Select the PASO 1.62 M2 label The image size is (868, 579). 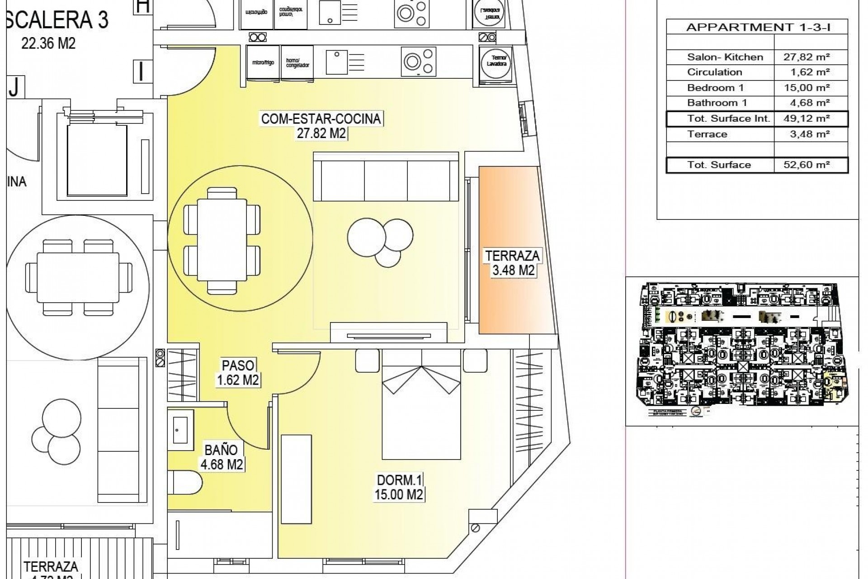coord(238,372)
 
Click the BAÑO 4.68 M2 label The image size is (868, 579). coord(221,457)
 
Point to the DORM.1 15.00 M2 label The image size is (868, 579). coord(399,487)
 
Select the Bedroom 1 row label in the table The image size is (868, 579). coord(715,88)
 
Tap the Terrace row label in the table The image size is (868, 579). coord(707,134)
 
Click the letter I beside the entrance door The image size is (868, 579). coord(142,71)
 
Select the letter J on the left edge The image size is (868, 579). coord(14,87)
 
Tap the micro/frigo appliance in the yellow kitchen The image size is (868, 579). coord(263,62)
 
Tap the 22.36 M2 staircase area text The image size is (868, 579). coord(48,43)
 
